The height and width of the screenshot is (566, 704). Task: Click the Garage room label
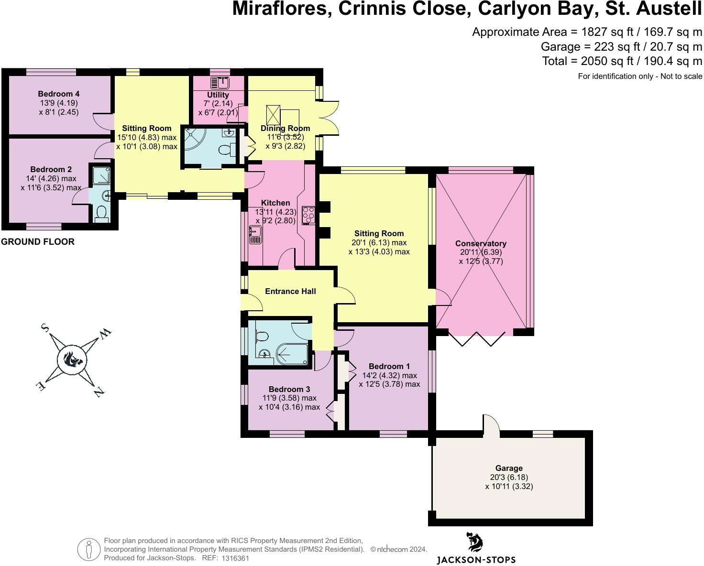(508, 468)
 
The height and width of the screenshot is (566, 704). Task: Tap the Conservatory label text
(481, 243)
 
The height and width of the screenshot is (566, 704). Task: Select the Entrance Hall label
(290, 291)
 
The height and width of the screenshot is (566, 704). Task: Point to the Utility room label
(218, 95)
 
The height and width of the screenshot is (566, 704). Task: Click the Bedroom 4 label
(58, 94)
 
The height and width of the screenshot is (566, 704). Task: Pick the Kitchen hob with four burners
(308, 215)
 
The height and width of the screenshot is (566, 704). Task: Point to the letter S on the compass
(45, 327)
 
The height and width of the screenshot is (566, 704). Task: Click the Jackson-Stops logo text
(476, 559)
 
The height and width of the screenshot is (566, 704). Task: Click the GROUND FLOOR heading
(38, 242)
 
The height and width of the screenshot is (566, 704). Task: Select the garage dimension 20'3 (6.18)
(508, 477)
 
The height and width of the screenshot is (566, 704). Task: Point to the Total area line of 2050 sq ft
(622, 61)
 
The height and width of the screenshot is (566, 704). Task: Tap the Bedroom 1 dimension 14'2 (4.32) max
(389, 375)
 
